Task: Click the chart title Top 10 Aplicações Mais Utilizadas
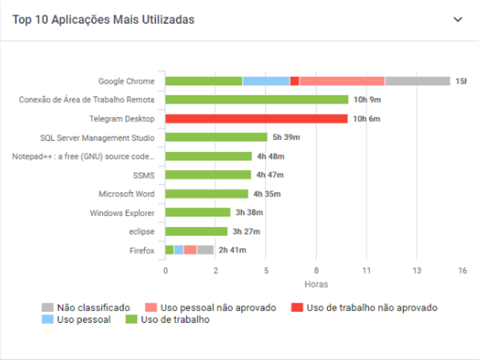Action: tap(103, 20)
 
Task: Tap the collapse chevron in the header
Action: tap(458, 20)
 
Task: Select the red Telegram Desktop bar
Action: tap(256, 119)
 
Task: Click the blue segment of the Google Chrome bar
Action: tap(266, 81)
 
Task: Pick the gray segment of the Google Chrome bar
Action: tap(417, 81)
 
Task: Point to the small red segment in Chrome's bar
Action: tap(294, 81)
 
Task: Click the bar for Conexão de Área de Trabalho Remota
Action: tap(256, 100)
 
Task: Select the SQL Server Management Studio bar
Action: tap(216, 137)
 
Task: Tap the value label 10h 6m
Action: tap(366, 119)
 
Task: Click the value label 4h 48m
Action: tap(271, 156)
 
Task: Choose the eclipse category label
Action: tap(141, 231)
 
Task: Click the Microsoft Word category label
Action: tap(126, 194)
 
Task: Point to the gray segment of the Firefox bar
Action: tap(205, 250)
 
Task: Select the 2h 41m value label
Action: tap(232, 250)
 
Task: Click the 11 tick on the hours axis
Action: tap(366, 271)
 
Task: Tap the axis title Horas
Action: tap(316, 284)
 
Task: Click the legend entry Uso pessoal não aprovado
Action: tap(218, 307)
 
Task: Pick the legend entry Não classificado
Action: tap(93, 307)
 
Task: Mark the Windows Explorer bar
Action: tap(198, 212)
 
